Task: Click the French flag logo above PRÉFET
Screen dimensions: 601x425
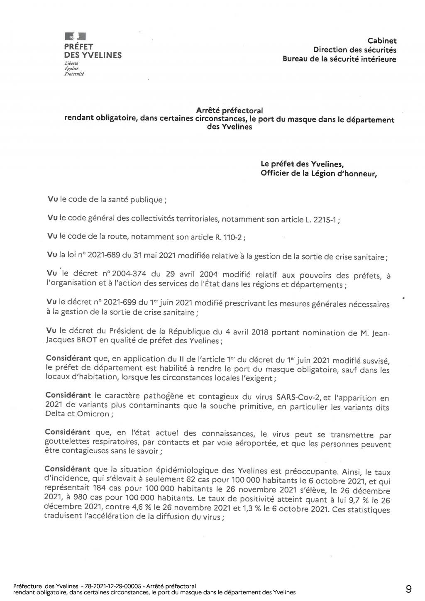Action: [x=75, y=37]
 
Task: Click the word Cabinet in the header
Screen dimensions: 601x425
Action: [x=382, y=41]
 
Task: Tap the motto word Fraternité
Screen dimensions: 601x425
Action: [x=74, y=74]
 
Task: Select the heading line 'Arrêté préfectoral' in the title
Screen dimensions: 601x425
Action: [x=230, y=111]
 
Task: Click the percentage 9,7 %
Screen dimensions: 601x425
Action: [x=354, y=500]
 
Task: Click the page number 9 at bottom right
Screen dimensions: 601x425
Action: [x=409, y=589]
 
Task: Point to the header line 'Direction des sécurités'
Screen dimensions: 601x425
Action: [x=354, y=50]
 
